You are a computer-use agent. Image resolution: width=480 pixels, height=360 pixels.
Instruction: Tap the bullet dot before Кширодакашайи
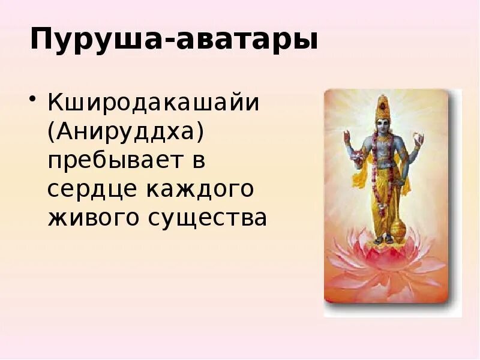point(34,99)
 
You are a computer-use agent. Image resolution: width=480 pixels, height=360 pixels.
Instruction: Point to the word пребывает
point(115,160)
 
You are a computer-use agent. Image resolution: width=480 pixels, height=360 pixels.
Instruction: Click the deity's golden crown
point(382,106)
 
